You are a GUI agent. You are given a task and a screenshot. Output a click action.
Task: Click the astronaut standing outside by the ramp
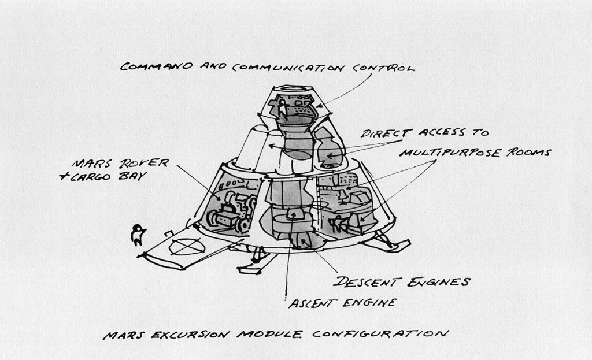(138, 235)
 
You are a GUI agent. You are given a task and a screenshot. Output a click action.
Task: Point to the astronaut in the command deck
(283, 109)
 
